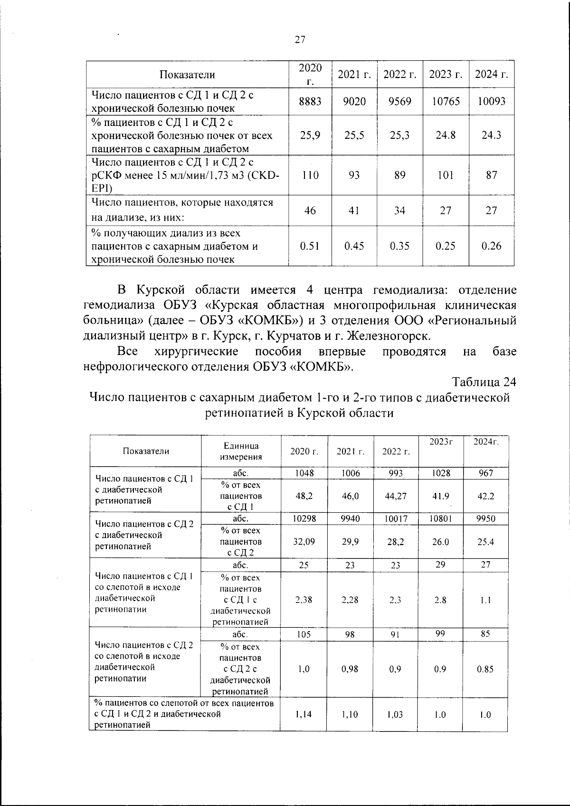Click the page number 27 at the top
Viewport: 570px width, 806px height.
pyautogui.click(x=300, y=40)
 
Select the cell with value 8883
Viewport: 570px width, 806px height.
pyautogui.click(x=310, y=101)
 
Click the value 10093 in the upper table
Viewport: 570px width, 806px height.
pyautogui.click(x=491, y=101)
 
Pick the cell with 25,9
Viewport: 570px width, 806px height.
pyautogui.click(x=310, y=135)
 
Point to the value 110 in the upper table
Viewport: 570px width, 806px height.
pyautogui.click(x=310, y=175)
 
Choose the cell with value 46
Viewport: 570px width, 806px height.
pyautogui.click(x=310, y=210)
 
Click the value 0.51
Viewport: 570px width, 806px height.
pyautogui.click(x=310, y=246)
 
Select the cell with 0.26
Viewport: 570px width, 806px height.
pyautogui.click(x=491, y=246)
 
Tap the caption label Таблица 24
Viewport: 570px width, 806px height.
pyautogui.click(x=484, y=382)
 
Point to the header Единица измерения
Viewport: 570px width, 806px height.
pyautogui.click(x=241, y=451)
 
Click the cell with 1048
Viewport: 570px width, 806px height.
pyautogui.click(x=304, y=473)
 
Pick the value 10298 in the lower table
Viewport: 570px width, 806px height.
pyautogui.click(x=304, y=518)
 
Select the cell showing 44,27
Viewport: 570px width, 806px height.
pyautogui.click(x=396, y=496)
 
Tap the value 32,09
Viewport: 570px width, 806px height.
pyautogui.click(x=304, y=541)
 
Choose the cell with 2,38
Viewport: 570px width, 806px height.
pyautogui.click(x=304, y=600)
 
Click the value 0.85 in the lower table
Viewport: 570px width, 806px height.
pyautogui.click(x=485, y=669)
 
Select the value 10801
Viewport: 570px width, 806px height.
pyautogui.click(x=440, y=518)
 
